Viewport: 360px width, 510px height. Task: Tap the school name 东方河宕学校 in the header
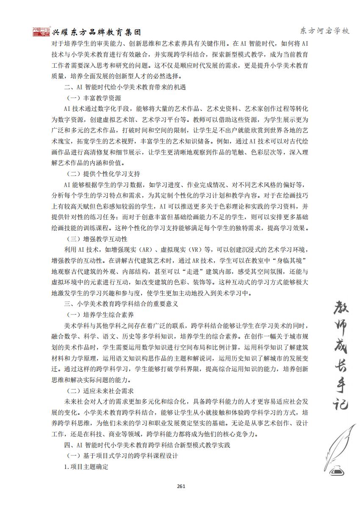pos(324,31)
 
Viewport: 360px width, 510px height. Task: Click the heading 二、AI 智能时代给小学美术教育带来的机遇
pos(122,88)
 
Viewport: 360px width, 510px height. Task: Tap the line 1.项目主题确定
pos(86,466)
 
